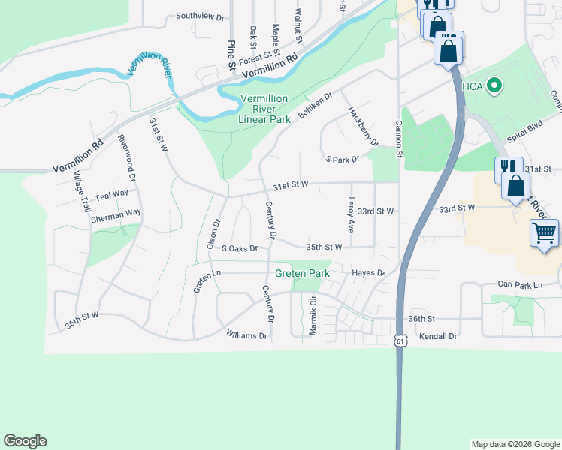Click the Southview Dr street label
(x=200, y=16)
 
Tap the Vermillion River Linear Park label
(x=264, y=109)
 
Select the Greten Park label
(x=302, y=274)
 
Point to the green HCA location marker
(x=494, y=86)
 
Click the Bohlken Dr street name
(x=314, y=109)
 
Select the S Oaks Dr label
(x=240, y=247)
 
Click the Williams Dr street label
(x=246, y=336)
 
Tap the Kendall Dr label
(x=438, y=337)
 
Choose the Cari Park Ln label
(x=519, y=285)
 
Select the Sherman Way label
(x=116, y=213)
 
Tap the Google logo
(x=25, y=441)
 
